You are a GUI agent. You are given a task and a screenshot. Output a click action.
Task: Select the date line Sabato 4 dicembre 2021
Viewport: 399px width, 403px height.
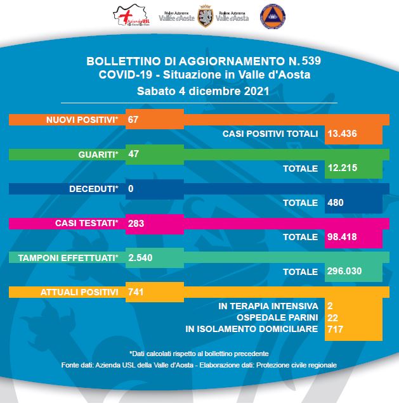pyautogui.click(x=199, y=91)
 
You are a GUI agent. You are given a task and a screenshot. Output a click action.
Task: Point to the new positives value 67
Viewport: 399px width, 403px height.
pyautogui.click(x=133, y=120)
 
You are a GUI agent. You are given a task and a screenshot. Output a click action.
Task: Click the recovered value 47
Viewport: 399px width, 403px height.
pyautogui.click(x=133, y=154)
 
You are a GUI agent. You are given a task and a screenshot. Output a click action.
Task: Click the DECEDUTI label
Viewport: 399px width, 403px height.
pyautogui.click(x=93, y=189)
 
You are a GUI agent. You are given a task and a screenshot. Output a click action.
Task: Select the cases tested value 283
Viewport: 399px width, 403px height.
pyautogui.click(x=136, y=223)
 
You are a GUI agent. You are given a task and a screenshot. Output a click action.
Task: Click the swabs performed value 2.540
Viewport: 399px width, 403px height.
pyautogui.click(x=141, y=258)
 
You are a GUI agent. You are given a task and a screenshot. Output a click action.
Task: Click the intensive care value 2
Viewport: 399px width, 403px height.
pyautogui.click(x=330, y=306)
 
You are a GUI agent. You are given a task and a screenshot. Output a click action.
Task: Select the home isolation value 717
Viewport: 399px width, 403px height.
pyautogui.click(x=336, y=329)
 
